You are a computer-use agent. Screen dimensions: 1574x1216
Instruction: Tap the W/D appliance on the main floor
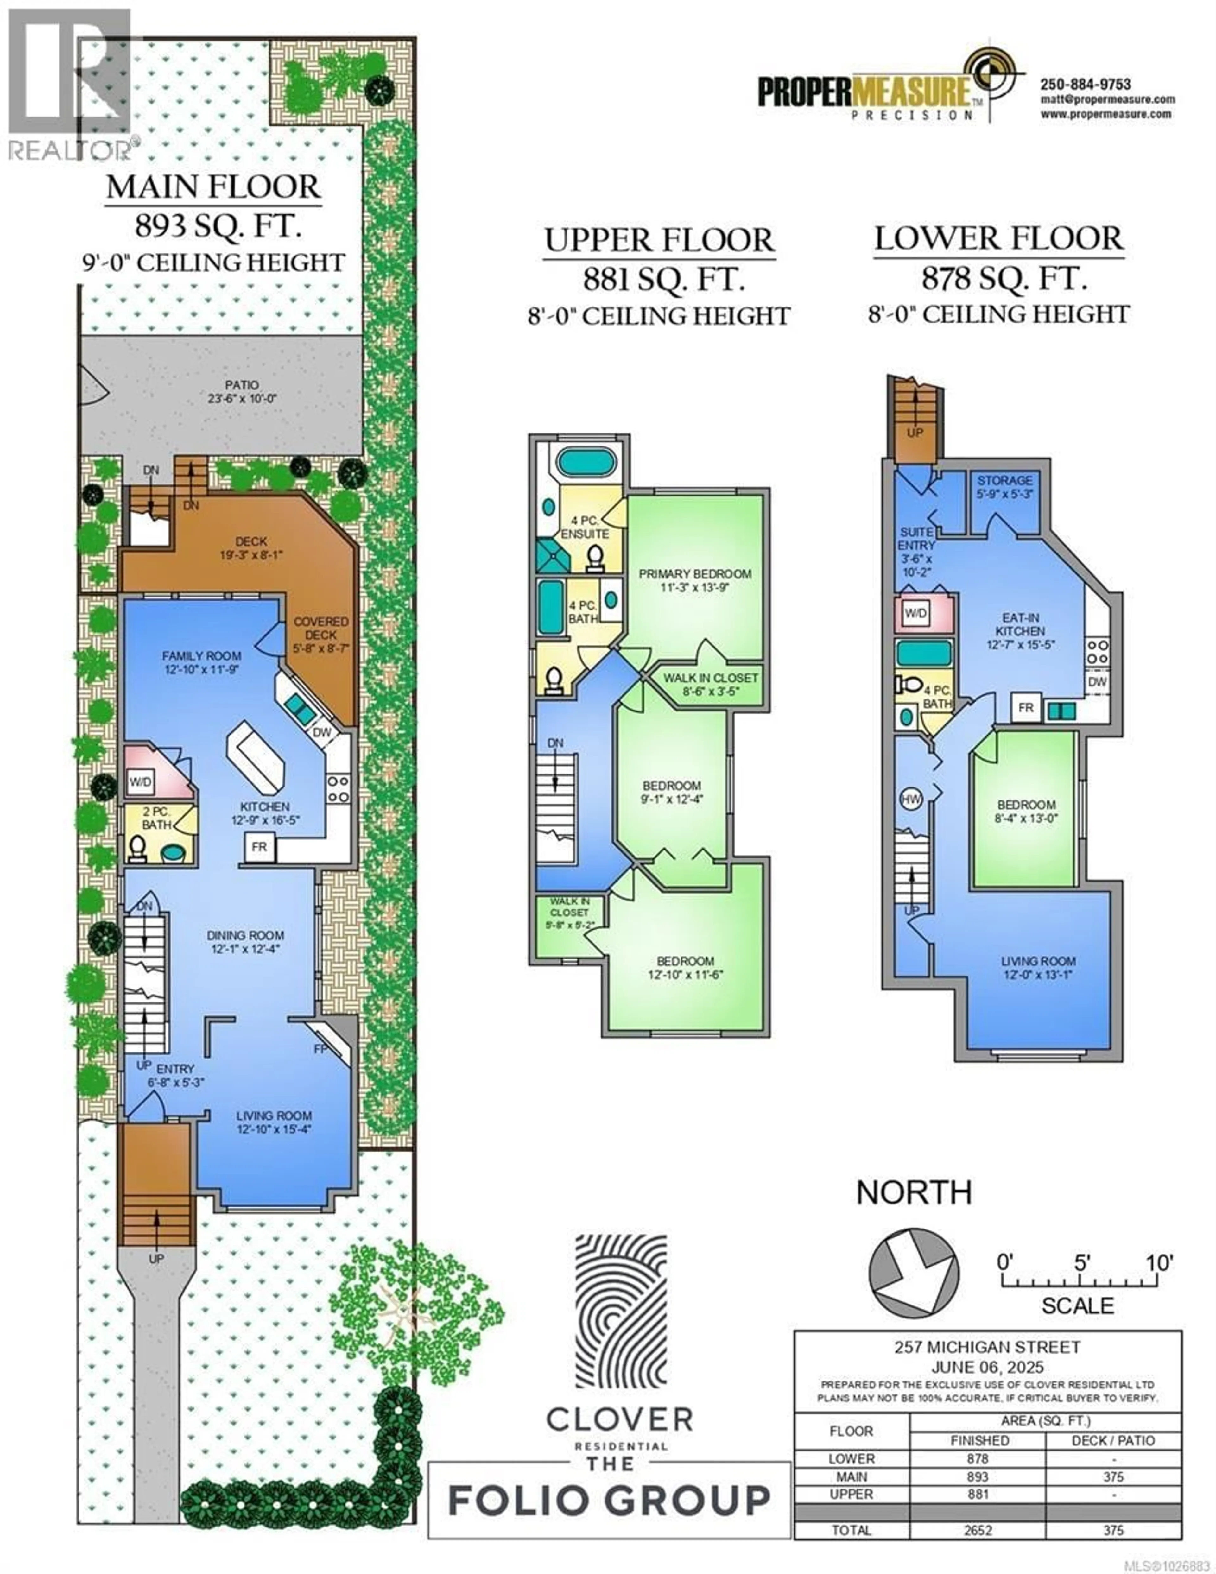[141, 781]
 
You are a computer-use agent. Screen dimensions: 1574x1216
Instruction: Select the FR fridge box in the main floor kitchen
[259, 847]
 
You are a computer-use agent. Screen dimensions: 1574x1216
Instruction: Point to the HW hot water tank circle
[910, 799]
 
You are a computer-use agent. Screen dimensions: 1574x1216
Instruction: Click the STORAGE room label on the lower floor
[1004, 480]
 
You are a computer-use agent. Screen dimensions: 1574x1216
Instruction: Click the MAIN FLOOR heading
[213, 187]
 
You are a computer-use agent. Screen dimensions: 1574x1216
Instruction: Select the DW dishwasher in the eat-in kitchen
[1097, 682]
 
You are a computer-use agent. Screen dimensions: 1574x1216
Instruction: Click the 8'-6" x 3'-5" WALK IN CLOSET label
[710, 685]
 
